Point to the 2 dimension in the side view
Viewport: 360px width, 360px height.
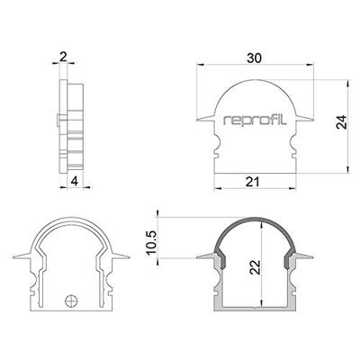tap(62, 56)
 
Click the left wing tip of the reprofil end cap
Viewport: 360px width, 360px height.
tap(199, 117)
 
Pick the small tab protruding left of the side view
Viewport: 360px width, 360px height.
tap(55, 118)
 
